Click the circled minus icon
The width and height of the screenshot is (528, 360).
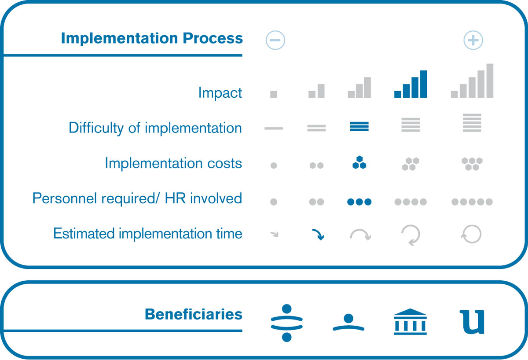tap(275, 40)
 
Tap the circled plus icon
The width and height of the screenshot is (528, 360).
tap(473, 40)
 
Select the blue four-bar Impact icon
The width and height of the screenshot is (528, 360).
tap(411, 84)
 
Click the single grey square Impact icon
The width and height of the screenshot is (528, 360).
tap(273, 94)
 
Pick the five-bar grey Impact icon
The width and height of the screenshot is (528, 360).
tap(472, 81)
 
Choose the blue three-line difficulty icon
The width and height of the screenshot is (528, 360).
tap(359, 126)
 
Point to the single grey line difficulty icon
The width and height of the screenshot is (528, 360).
tap(273, 129)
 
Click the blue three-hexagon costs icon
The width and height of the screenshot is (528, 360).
tap(359, 162)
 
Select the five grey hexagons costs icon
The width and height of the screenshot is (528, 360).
tap(472, 164)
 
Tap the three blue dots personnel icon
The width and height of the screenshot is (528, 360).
tap(359, 202)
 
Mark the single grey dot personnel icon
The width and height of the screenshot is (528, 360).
tap(273, 202)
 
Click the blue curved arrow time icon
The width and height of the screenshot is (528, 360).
tap(318, 234)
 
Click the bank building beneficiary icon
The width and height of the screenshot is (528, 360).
tap(410, 322)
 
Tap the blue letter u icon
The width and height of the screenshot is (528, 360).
tap(472, 322)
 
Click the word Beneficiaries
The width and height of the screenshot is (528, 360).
tap(194, 314)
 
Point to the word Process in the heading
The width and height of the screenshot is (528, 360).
tap(213, 38)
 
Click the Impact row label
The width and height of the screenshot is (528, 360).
tap(220, 92)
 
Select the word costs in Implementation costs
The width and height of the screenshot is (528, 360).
tap(224, 163)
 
